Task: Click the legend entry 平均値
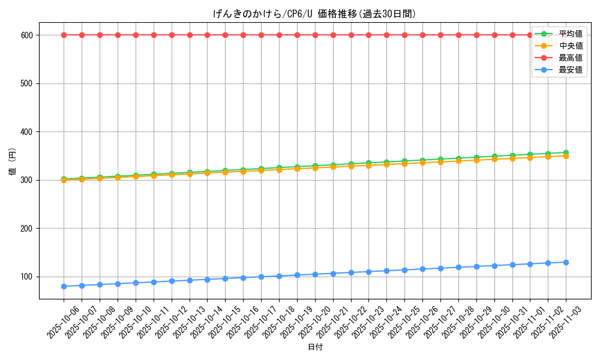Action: click(570, 34)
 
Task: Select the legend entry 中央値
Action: click(570, 46)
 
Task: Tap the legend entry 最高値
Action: click(570, 58)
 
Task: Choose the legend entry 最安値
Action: click(570, 70)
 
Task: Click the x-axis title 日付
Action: click(315, 347)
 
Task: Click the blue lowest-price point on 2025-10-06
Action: click(64, 286)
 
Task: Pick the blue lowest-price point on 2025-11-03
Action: click(566, 262)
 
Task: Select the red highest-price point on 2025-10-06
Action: click(64, 35)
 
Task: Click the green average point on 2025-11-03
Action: click(566, 152)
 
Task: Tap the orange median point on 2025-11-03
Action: click(566, 156)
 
